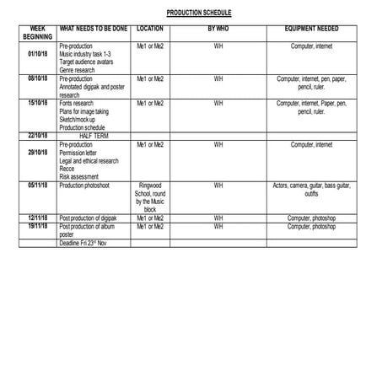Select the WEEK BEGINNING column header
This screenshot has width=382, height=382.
tap(37, 33)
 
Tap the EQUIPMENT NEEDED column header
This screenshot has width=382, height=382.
tap(312, 29)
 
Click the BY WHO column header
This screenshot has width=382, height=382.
tap(218, 29)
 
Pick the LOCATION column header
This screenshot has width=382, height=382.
tap(150, 29)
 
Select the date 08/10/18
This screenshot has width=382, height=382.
tap(37, 78)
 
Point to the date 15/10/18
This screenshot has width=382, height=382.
tap(37, 103)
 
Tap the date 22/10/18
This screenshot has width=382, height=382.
tap(37, 135)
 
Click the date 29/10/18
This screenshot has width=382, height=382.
tap(37, 152)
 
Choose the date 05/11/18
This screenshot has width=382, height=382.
tap(37, 185)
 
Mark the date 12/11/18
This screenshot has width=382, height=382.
tap(37, 218)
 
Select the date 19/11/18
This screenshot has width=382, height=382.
tap(37, 226)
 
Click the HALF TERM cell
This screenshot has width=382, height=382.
tap(92, 136)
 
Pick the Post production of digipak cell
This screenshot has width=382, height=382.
tap(92, 218)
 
